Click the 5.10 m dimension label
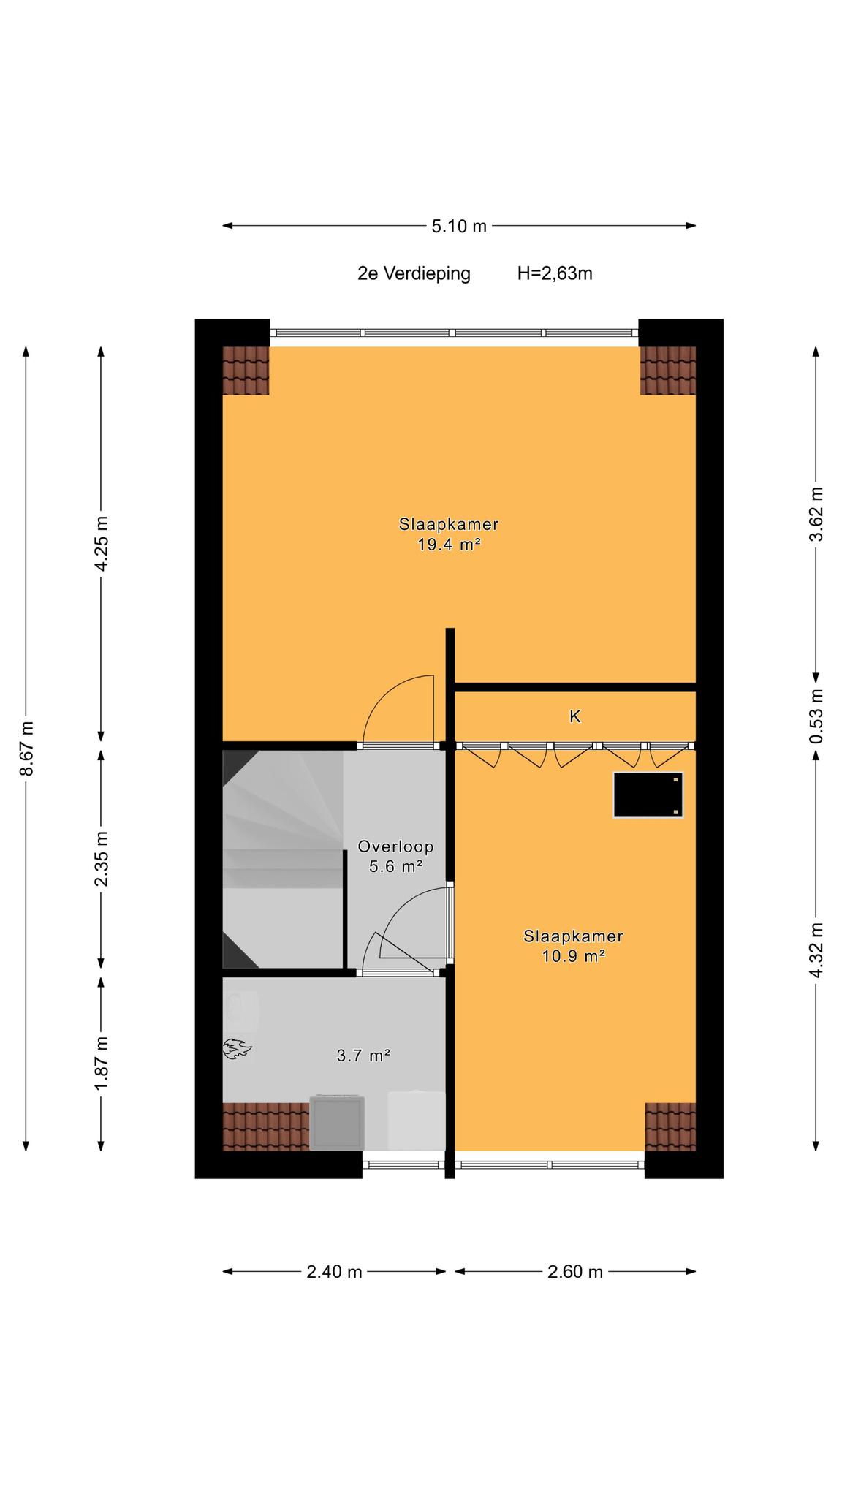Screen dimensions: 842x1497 [x=458, y=226]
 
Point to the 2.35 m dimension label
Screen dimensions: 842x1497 [x=102, y=858]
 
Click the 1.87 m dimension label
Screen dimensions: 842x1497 [x=102, y=1064]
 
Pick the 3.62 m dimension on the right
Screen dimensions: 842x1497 [x=816, y=513]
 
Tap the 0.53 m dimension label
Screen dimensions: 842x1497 [x=816, y=716]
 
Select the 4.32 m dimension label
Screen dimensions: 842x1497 [x=816, y=950]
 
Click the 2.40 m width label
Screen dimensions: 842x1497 [x=334, y=1272]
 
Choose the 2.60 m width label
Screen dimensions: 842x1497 [x=575, y=1272]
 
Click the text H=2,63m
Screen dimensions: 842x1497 [x=555, y=273]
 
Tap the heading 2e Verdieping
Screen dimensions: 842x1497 [x=414, y=274]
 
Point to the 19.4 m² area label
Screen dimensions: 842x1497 [x=449, y=545]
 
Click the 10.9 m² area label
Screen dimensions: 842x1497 [x=574, y=956]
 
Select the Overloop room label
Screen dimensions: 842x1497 [x=395, y=847]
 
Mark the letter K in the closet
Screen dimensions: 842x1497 [x=575, y=717]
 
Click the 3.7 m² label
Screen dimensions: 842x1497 [x=363, y=1056]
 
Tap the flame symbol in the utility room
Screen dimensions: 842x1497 [x=237, y=1050]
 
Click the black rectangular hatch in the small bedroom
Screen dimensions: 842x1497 [x=648, y=795]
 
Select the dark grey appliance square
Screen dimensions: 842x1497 [x=338, y=1122]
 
